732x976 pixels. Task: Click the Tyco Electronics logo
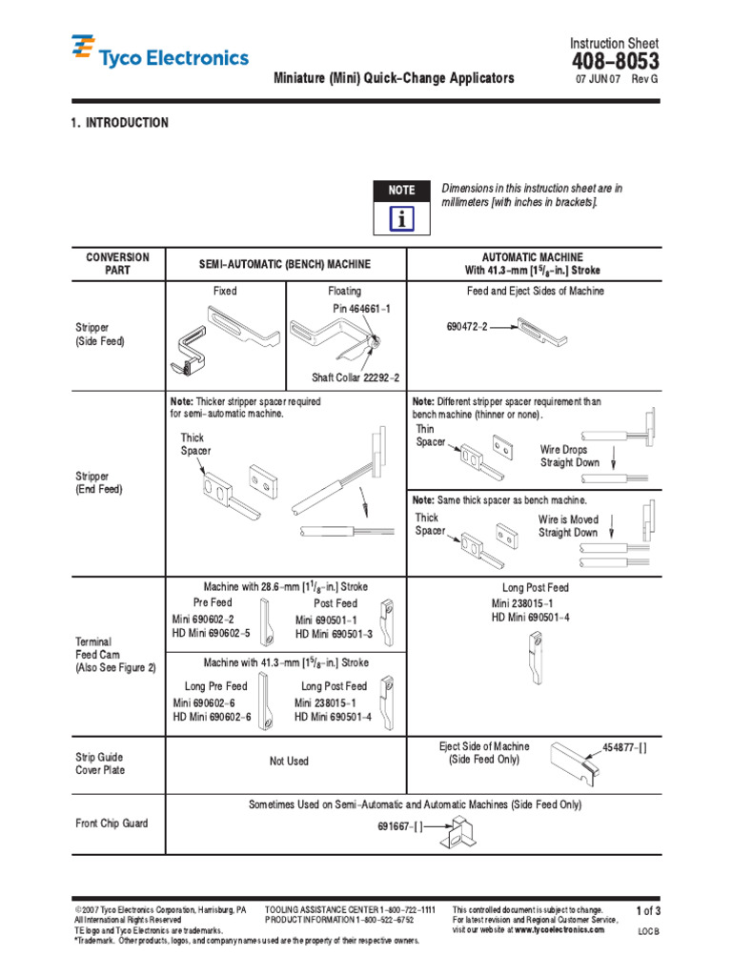click(x=160, y=56)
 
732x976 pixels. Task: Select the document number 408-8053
click(x=614, y=62)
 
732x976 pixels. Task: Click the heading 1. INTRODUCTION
click(x=119, y=123)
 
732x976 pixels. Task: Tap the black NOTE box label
click(x=401, y=191)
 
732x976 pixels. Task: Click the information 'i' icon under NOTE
click(x=401, y=219)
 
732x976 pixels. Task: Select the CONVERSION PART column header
click(x=118, y=264)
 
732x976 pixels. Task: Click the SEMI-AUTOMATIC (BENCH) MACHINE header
click(x=285, y=264)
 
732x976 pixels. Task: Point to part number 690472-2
click(x=467, y=326)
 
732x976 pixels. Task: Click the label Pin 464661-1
click(x=361, y=309)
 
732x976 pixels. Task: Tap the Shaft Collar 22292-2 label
click(x=356, y=377)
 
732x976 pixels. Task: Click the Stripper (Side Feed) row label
click(x=99, y=334)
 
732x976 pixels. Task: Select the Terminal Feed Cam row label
click(x=114, y=655)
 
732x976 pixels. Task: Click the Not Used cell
click(x=289, y=762)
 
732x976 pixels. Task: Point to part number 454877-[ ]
click(x=624, y=747)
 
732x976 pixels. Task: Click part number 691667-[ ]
click(x=400, y=827)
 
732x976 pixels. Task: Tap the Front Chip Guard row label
click(x=112, y=823)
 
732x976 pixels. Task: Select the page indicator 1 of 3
click(x=647, y=912)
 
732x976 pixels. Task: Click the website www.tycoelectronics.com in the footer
click(x=559, y=929)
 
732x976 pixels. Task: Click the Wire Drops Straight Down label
click(x=570, y=456)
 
